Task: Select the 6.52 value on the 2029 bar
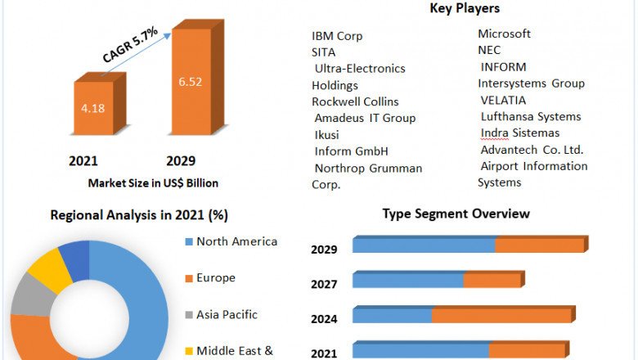191,82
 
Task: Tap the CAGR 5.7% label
129,46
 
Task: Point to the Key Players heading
465,8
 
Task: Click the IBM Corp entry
337,36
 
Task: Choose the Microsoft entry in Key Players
504,34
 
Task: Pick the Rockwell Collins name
355,101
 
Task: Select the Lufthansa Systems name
531,117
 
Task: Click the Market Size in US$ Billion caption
153,182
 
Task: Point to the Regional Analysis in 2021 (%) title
139,215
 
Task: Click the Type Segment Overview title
456,214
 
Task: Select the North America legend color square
189,242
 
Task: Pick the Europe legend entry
215,278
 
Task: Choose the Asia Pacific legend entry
227,314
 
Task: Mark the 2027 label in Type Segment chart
324,285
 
